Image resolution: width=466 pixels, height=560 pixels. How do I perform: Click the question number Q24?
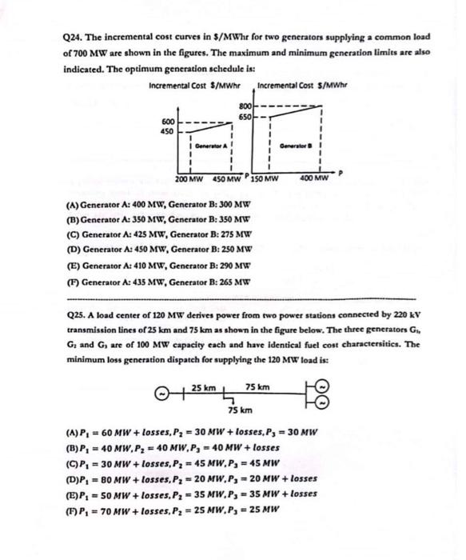(74, 38)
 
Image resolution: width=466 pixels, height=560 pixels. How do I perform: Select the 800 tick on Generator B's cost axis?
(245, 107)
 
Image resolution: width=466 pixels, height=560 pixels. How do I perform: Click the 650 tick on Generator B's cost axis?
(245, 117)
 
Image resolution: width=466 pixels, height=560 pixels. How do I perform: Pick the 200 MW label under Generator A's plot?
(189, 179)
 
